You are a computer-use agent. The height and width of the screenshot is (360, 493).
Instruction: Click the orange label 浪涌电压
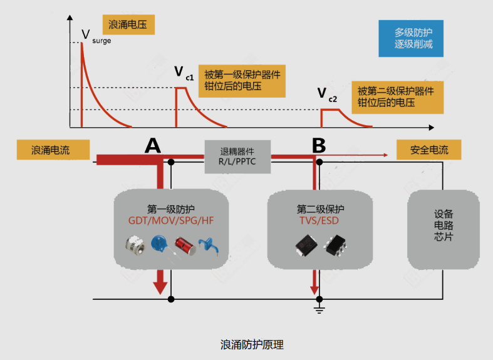click(x=127, y=26)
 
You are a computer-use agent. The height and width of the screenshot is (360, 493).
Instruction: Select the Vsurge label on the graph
click(x=93, y=37)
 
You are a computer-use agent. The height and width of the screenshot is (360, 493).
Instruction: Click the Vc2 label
click(x=326, y=95)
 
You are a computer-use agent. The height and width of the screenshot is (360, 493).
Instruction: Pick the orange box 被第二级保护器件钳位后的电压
click(x=395, y=96)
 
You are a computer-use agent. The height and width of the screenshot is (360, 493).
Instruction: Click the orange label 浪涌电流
click(x=53, y=150)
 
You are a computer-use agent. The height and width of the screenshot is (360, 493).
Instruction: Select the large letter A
click(x=153, y=145)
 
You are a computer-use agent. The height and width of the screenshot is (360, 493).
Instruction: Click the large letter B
click(x=319, y=145)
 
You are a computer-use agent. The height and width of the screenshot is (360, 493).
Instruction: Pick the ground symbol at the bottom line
click(x=319, y=308)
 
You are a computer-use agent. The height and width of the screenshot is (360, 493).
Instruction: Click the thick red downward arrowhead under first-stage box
click(x=161, y=286)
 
